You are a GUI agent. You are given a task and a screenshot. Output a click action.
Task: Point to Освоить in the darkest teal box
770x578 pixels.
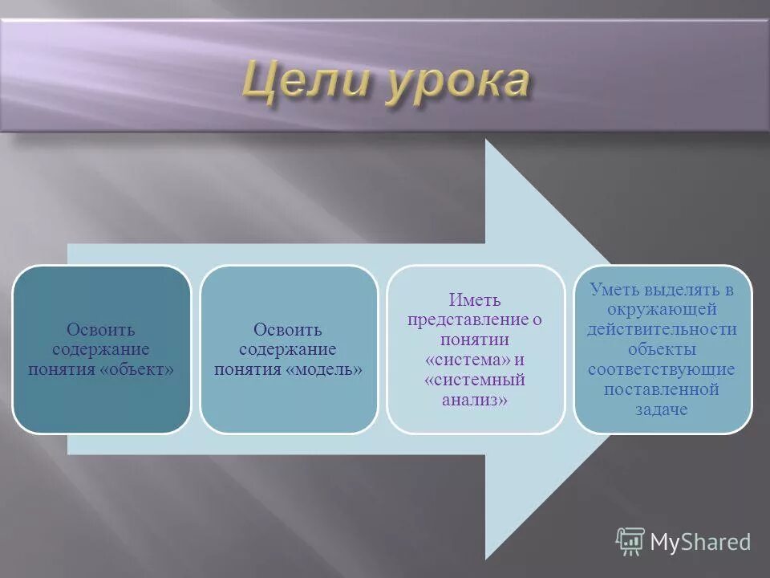[101, 330]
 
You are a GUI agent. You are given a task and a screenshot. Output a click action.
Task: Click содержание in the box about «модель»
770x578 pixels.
[288, 349]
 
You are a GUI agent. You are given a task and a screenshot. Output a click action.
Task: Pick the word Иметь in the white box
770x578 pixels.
[475, 300]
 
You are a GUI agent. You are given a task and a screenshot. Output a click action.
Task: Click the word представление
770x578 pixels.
[468, 320]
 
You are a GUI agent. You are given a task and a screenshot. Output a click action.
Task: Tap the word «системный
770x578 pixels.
[475, 380]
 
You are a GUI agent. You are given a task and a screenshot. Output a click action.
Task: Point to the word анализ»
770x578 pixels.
[475, 399]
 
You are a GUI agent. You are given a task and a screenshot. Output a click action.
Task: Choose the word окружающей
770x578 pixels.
[663, 309]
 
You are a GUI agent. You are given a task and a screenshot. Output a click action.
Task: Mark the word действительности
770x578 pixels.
[663, 329]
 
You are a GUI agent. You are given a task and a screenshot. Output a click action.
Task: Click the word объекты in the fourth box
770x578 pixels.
[663, 349]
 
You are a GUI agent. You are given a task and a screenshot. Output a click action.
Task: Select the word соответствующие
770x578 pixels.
[663, 369]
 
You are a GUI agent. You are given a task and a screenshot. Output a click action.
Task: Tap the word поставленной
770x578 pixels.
[663, 389]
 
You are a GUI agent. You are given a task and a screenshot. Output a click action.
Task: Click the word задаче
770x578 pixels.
[663, 409]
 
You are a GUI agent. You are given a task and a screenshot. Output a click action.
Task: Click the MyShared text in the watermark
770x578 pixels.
[700, 543]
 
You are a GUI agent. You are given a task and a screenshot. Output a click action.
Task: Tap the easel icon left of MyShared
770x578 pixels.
[630, 542]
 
